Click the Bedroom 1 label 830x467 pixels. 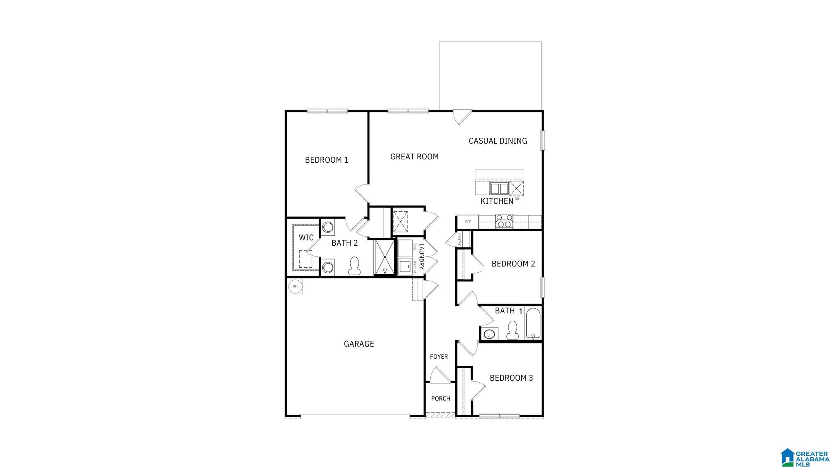(327, 160)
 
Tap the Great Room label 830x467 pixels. (414, 156)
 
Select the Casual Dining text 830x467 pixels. (498, 141)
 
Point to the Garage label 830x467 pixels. (359, 344)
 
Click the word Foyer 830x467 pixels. (439, 357)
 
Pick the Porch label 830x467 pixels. (440, 399)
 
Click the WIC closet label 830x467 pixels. (306, 237)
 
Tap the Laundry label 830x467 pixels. (421, 256)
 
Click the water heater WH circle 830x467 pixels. (295, 286)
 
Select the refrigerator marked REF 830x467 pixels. (468, 222)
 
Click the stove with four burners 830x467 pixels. (504, 221)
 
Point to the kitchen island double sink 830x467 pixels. (499, 189)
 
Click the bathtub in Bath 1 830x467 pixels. (533, 323)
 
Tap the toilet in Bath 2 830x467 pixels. (354, 266)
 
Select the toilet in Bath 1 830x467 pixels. (513, 330)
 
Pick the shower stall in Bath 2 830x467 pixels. (384, 257)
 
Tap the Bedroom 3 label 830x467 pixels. (511, 378)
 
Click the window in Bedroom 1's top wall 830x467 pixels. (327, 111)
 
